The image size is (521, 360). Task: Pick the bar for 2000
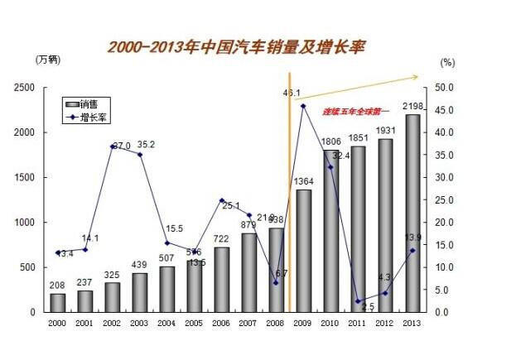point(57,303)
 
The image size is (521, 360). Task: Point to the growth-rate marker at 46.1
point(303,106)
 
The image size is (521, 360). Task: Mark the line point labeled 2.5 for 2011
point(358,301)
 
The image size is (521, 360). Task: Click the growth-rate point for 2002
point(112,146)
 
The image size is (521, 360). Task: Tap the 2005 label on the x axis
point(194,322)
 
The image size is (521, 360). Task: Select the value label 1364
point(303,182)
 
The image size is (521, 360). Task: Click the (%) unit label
point(448,61)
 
